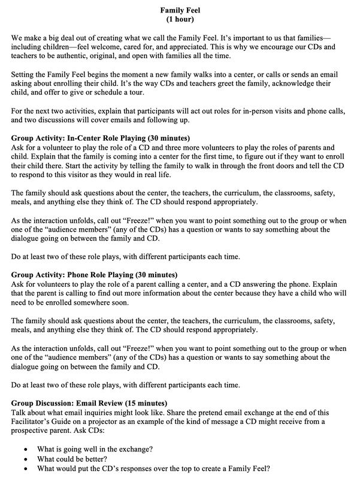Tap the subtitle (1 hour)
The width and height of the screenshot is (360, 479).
click(180, 20)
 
